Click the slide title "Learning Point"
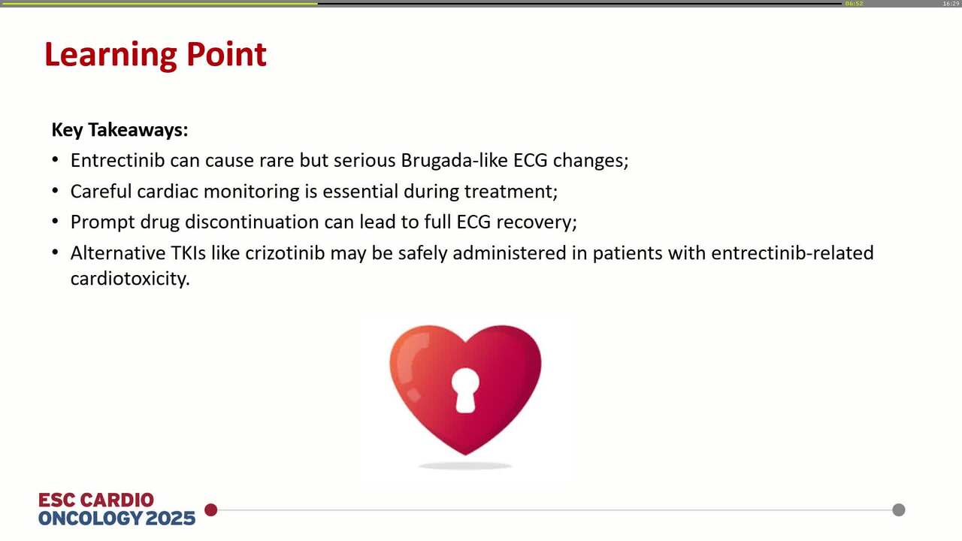click(x=156, y=55)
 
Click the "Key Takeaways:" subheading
click(x=119, y=130)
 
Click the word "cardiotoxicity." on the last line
click(x=130, y=279)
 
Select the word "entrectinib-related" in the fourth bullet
click(x=792, y=252)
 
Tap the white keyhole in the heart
click(x=466, y=388)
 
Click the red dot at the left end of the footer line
click(x=211, y=510)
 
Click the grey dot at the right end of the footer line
click(x=899, y=510)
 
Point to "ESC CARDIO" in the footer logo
click(x=96, y=500)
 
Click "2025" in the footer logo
click(x=171, y=518)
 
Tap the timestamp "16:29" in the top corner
click(x=951, y=4)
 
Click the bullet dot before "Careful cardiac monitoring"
click(x=56, y=191)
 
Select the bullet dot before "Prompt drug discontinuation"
click(x=56, y=222)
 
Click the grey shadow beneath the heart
click(x=465, y=466)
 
